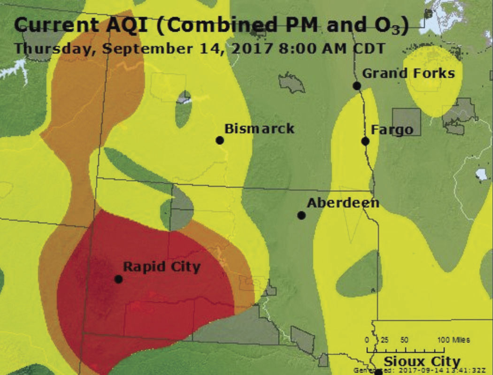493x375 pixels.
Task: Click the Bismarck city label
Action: click(x=259, y=129)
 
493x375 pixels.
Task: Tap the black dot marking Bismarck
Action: click(x=219, y=140)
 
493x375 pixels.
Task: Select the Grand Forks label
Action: click(x=408, y=74)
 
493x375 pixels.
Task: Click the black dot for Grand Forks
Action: click(x=357, y=85)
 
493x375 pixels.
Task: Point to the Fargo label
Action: click(x=392, y=130)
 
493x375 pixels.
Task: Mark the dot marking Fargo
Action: click(x=365, y=141)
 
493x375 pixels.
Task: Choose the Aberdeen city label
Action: click(x=343, y=203)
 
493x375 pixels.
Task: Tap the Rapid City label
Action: click(x=162, y=267)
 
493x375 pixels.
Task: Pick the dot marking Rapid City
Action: click(x=118, y=279)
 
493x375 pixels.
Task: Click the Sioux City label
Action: click(x=422, y=362)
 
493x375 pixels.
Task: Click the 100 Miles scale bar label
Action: click(x=454, y=340)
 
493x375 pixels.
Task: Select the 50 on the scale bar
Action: click(x=404, y=340)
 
